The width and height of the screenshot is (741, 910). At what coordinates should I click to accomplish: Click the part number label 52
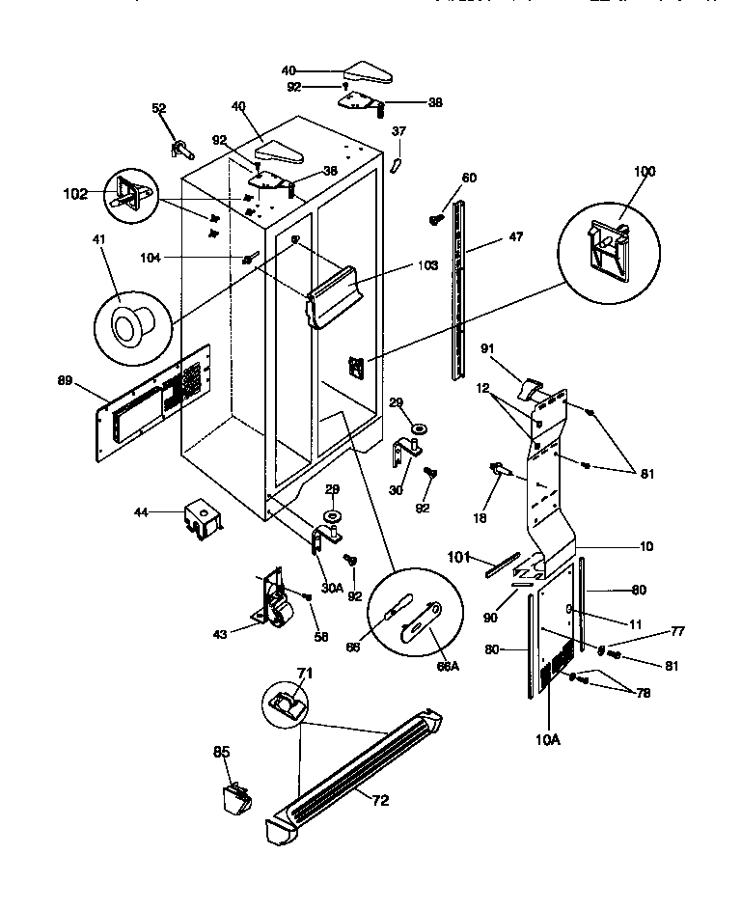(x=158, y=108)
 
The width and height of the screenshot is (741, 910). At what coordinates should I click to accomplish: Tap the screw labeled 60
(x=435, y=219)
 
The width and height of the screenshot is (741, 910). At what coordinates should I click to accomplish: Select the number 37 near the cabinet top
(x=399, y=131)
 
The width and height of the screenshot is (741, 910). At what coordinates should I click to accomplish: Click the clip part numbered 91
(x=531, y=388)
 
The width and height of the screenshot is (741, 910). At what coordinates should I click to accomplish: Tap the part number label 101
(x=457, y=556)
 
